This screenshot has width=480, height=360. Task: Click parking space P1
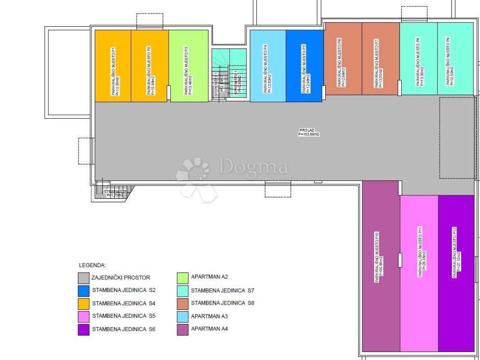click(113, 66)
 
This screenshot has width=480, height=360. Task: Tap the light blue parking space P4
click(268, 66)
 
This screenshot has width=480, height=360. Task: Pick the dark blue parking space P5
click(304, 66)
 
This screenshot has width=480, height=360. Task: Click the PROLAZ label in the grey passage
click(308, 132)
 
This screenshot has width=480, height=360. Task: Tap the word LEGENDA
click(92, 265)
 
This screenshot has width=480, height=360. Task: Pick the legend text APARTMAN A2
click(210, 277)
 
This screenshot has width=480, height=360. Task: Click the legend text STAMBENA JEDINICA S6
click(124, 329)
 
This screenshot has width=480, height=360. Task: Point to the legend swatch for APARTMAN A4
click(183, 329)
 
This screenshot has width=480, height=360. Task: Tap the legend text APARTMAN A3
click(210, 316)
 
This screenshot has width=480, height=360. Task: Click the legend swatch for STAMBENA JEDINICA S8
click(183, 303)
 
